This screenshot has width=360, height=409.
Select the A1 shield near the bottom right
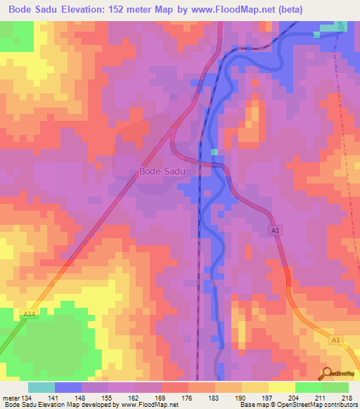(336, 339)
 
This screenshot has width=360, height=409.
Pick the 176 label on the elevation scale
(188, 398)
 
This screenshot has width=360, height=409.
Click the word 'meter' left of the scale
(10, 398)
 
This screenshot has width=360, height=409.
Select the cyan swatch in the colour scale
(41, 387)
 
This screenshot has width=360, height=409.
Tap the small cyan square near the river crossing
(214, 152)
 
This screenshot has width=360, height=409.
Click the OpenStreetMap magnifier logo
(327, 373)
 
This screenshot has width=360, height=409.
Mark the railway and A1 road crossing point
(202, 164)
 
